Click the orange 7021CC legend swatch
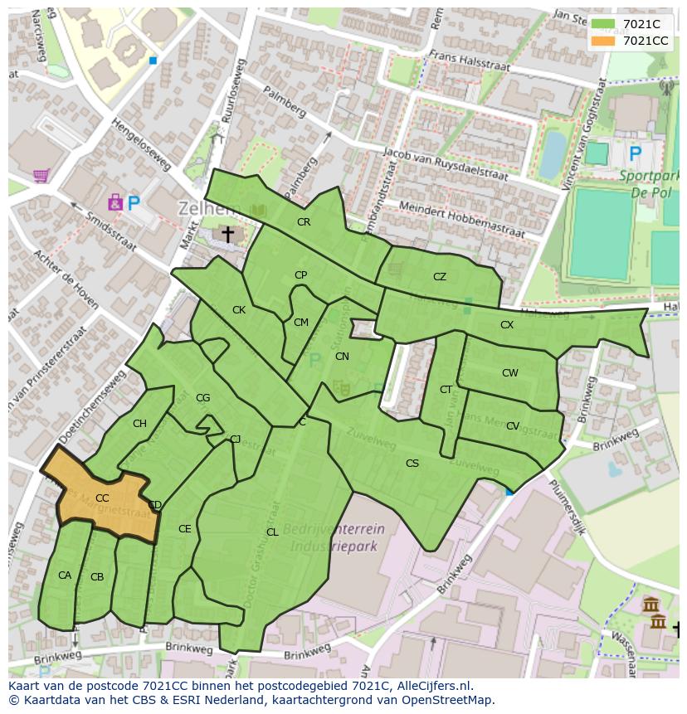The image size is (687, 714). pyautogui.click(x=603, y=41)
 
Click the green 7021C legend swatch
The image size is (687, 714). pyautogui.click(x=603, y=24)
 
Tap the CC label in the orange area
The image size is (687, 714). pyautogui.click(x=102, y=498)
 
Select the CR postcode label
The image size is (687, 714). pyautogui.click(x=304, y=222)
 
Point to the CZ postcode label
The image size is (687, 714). pyautogui.click(x=440, y=277)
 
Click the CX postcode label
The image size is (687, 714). pyautogui.click(x=507, y=325)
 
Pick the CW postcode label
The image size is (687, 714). pyautogui.click(x=509, y=373)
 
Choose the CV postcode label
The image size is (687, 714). pyautogui.click(x=513, y=426)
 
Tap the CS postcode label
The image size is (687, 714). pyautogui.click(x=412, y=464)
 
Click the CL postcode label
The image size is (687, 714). pyautogui.click(x=272, y=532)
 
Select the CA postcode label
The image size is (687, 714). pyautogui.click(x=65, y=576)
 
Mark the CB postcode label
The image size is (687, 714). pyautogui.click(x=97, y=577)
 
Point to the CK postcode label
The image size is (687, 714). pyautogui.click(x=239, y=310)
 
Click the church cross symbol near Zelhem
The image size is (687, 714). pyautogui.click(x=227, y=236)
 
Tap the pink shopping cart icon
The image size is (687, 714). pyautogui.click(x=40, y=176)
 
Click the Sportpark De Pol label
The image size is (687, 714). pyautogui.click(x=649, y=182)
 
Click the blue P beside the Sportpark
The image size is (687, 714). pyautogui.click(x=636, y=153)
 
